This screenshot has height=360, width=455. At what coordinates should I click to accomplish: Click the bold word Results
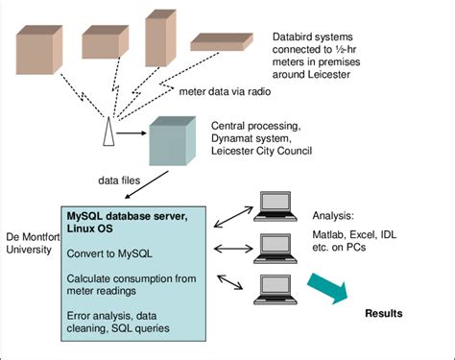(x=383, y=314)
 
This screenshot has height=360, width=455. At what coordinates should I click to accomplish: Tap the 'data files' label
(x=122, y=180)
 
